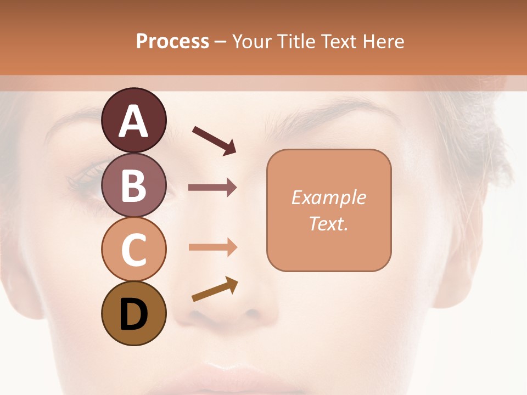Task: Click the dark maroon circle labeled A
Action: click(133, 120)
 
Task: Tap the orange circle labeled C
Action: click(133, 249)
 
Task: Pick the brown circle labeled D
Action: click(133, 313)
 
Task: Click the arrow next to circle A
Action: click(214, 140)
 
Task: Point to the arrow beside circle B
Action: click(212, 188)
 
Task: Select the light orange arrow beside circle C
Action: click(212, 247)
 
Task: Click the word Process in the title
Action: click(172, 41)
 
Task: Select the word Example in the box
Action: click(328, 198)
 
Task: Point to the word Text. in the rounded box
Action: click(328, 223)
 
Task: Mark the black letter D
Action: click(133, 314)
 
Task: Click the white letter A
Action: click(133, 121)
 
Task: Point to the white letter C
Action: click(133, 250)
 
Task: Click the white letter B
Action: click(133, 186)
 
